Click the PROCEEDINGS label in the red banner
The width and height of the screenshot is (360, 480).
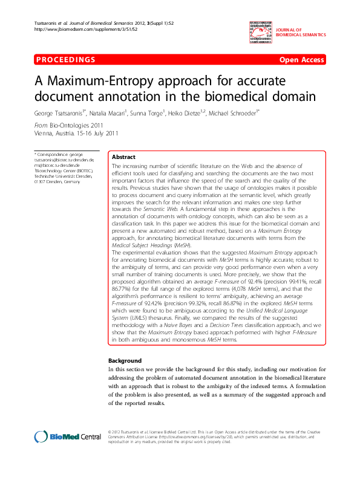(x=65, y=60)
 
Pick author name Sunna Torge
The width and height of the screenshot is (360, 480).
(x=145, y=112)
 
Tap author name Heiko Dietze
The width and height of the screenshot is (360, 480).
(x=183, y=112)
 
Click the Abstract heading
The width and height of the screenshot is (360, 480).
(x=124, y=156)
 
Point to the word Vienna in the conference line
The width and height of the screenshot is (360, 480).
(x=45, y=132)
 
